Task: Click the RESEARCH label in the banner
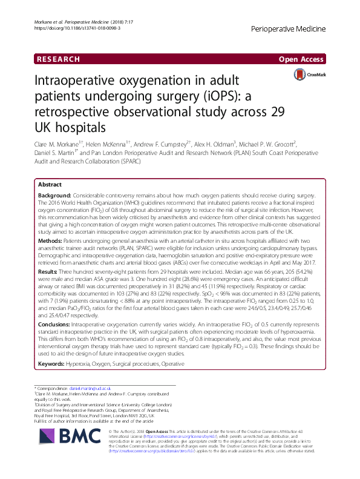point(58,59)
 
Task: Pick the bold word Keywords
point(54,348)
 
